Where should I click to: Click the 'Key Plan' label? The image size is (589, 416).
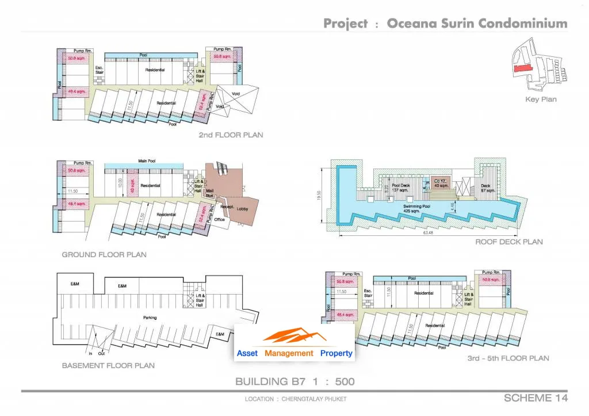[x=541, y=99]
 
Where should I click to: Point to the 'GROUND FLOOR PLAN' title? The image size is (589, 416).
[x=104, y=254]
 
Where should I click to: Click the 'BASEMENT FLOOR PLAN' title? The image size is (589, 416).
[x=109, y=365]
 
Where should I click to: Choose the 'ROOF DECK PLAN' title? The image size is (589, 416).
[x=508, y=242]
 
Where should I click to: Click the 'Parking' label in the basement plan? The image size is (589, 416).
[x=150, y=318]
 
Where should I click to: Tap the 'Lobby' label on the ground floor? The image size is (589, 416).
[x=242, y=209]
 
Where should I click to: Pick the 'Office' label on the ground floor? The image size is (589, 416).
[x=219, y=219]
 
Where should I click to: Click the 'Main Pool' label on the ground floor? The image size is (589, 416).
[x=148, y=161]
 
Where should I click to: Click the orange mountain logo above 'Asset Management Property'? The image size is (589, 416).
[x=294, y=336]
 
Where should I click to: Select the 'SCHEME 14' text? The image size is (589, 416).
[x=536, y=398]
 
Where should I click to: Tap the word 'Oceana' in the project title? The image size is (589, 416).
[x=410, y=24]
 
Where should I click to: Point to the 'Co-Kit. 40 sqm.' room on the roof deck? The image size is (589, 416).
[x=441, y=182]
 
